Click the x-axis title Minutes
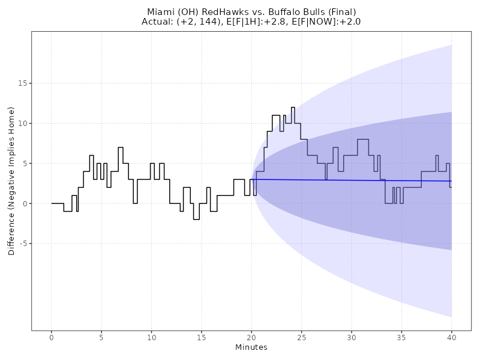pos(251,347)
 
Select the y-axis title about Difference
pos(11,181)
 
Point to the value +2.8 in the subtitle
pos(281,22)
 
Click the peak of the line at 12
pos(293,107)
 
